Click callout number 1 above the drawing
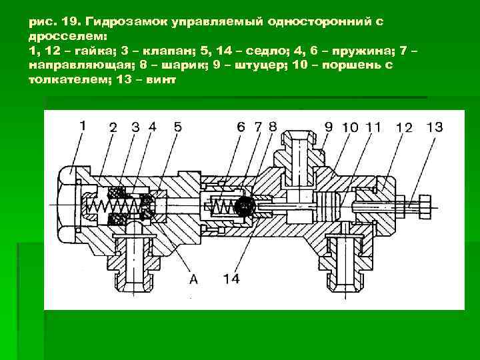tap(83, 125)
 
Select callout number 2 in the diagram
tap(114, 127)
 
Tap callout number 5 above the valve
tap(177, 127)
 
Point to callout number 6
tap(241, 127)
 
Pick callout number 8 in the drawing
tap(272, 127)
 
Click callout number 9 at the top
tap(329, 127)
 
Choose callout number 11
tap(374, 127)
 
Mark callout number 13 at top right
tap(434, 127)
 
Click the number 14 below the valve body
tap(231, 279)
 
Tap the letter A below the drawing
tap(193, 279)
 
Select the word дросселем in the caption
tap(63, 37)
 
